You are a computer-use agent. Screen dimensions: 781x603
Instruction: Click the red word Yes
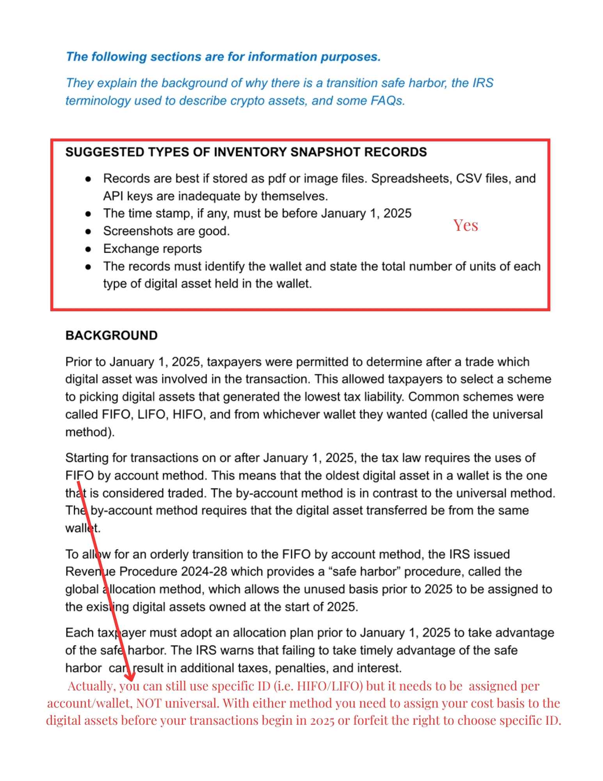click(465, 225)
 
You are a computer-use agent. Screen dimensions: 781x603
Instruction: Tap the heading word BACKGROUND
click(111, 335)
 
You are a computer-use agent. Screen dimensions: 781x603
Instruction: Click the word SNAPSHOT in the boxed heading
click(325, 152)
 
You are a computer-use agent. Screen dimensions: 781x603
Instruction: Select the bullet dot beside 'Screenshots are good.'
click(88, 231)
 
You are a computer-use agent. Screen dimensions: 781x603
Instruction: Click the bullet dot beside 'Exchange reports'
click(88, 249)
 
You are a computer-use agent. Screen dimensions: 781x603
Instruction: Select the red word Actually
click(91, 686)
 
